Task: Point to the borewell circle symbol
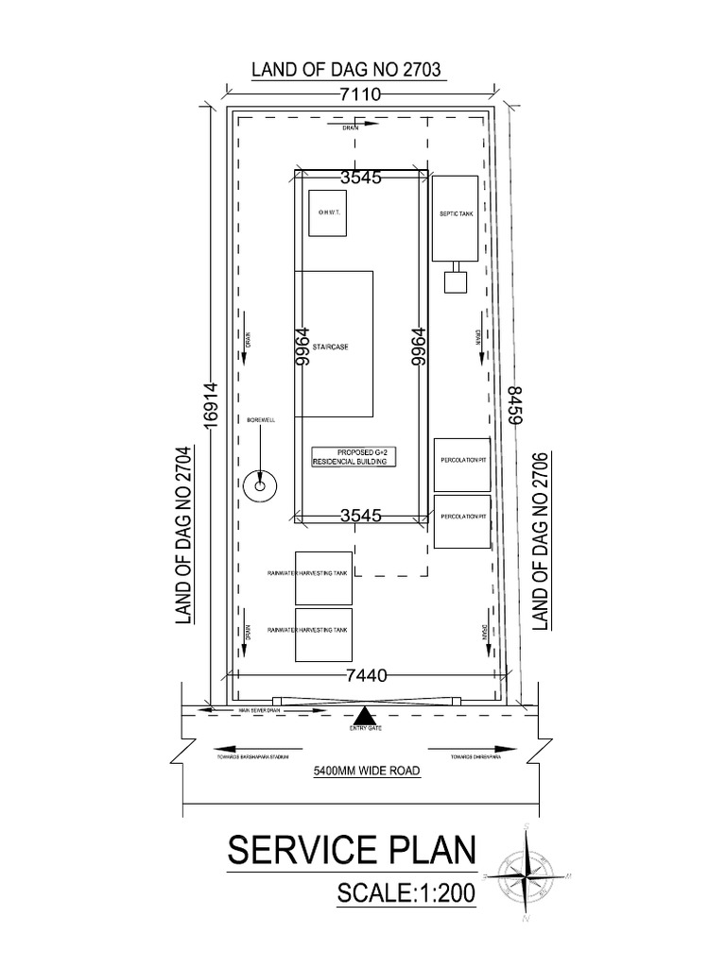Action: [257, 485]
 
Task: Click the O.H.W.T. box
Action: [325, 213]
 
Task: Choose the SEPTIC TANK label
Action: [456, 214]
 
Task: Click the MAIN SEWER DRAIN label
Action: [260, 710]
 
